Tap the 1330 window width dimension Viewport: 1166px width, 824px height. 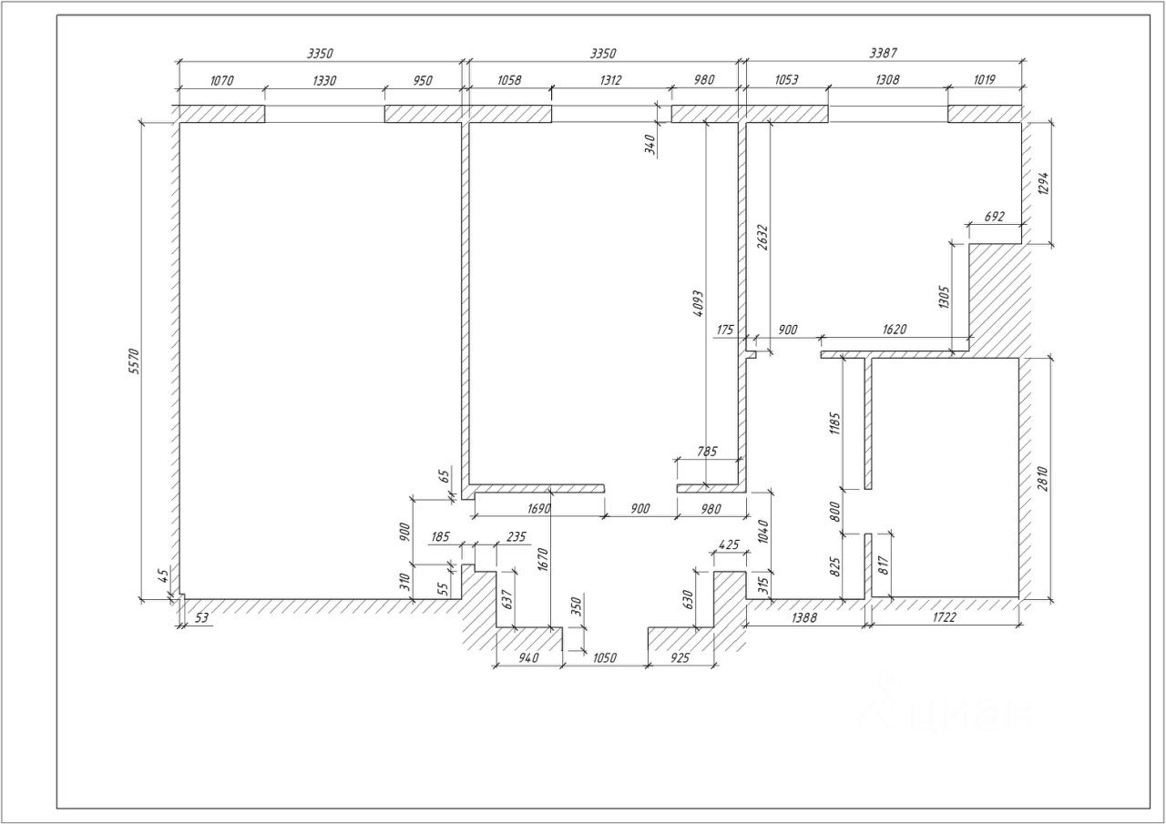(x=324, y=80)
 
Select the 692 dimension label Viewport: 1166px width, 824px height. (x=995, y=217)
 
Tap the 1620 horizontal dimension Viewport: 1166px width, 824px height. (x=893, y=330)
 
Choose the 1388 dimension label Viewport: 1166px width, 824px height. (x=804, y=617)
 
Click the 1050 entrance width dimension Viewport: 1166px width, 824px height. (x=605, y=657)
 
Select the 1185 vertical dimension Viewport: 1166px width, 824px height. (x=834, y=424)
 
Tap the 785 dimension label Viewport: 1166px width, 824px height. (x=706, y=451)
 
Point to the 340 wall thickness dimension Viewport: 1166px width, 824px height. (x=649, y=145)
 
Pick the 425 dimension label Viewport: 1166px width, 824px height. (x=728, y=545)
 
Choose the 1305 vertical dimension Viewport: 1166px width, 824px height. (x=943, y=298)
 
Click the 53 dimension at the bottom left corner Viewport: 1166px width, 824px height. (x=201, y=618)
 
